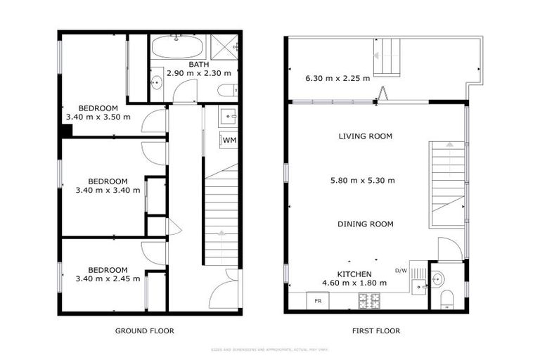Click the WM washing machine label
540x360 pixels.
pos(229,141)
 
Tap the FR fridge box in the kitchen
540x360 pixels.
pos(318,301)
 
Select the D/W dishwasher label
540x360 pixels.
pos(401,271)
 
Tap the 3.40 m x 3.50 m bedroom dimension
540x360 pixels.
pos(98,117)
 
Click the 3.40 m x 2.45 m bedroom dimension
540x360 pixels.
pos(107,278)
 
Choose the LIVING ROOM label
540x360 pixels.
pos(365,136)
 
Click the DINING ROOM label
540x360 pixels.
pos(365,224)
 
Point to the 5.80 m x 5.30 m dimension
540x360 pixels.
pos(362,180)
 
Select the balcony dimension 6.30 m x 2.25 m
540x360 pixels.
pos(337,79)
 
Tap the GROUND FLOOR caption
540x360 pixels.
pos(144,330)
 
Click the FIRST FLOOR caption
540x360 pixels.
pos(376,330)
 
